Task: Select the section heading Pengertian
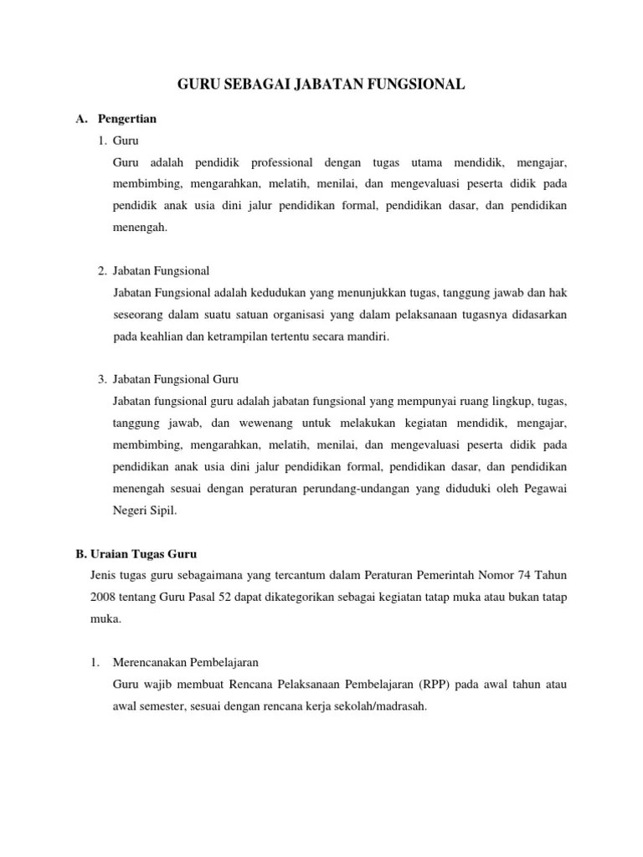coord(126,119)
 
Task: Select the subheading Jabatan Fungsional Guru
coord(175,380)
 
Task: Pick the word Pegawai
coord(546,489)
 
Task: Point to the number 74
coord(510,576)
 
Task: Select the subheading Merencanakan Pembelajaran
coord(175,663)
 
